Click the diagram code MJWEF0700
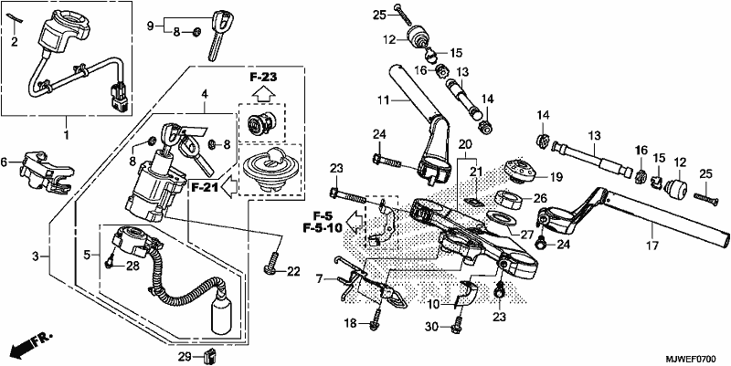coord(690,360)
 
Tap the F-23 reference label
coord(263,78)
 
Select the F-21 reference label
coord(205,188)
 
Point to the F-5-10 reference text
coord(323,228)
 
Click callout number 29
coord(185,357)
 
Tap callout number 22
coord(293,271)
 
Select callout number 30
coord(432,328)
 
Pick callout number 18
coord(351,323)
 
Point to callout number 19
coord(556,177)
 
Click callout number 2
coord(15,43)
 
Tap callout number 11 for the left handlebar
coord(383,99)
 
